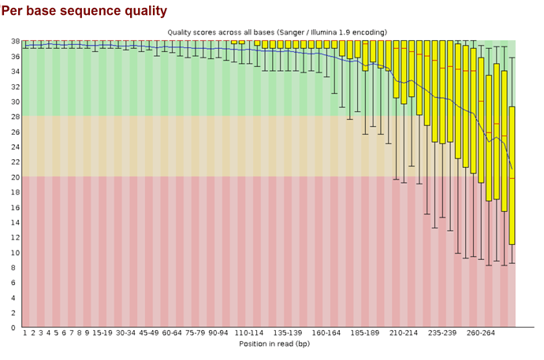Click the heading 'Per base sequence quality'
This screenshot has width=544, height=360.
84,11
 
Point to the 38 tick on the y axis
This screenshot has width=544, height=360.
14,41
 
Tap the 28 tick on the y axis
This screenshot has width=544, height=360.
14,117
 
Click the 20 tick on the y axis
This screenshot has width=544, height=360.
14,176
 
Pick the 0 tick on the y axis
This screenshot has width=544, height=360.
16,327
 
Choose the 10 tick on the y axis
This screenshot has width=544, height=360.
14,252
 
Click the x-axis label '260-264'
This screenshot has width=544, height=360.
481,333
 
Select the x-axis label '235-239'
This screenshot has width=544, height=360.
443,333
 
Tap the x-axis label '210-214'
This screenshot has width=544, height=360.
404,333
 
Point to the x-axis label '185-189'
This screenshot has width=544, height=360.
366,333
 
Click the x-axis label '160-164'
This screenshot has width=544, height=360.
327,333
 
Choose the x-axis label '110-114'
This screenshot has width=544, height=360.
250,333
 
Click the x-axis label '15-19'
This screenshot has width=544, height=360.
102,333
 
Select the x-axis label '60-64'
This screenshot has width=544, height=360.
172,333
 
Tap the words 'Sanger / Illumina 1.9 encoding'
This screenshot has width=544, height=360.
331,32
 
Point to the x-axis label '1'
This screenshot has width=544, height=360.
25,333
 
